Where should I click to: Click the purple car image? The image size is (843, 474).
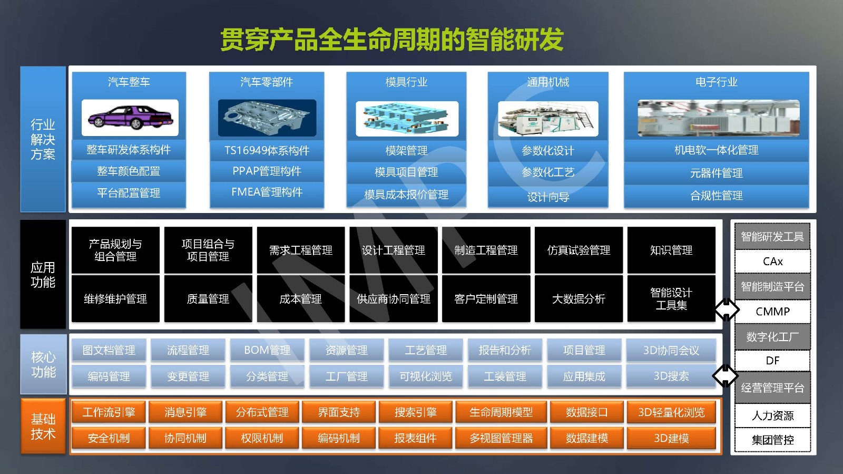pos(130,118)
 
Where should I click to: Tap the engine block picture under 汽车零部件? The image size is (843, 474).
pos(267,118)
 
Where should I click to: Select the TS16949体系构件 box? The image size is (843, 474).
pos(267,151)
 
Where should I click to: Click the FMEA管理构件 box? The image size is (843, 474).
pos(267,192)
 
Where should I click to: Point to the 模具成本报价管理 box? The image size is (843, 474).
pos(406,195)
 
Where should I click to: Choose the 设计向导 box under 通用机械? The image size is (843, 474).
pos(548,197)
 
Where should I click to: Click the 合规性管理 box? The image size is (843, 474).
pos(716,196)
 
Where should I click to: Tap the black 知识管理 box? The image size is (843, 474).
pos(671,250)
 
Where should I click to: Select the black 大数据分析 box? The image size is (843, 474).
pos(579,299)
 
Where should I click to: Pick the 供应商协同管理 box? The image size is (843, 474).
pos(393,299)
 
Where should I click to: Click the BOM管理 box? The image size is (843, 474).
pos(267,350)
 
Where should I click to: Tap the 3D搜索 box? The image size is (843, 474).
pos(671,376)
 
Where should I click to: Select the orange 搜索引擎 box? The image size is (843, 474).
pos(416,412)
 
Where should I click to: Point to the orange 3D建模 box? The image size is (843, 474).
pos(671,438)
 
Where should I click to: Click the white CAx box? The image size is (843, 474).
pos(772,262)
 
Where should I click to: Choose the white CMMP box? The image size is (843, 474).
pos(772,312)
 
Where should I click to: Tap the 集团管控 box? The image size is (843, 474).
pos(772,440)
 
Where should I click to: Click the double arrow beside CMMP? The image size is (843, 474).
pos(727,310)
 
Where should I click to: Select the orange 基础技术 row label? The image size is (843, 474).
pos(43,426)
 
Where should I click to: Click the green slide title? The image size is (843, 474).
pos(391,39)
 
